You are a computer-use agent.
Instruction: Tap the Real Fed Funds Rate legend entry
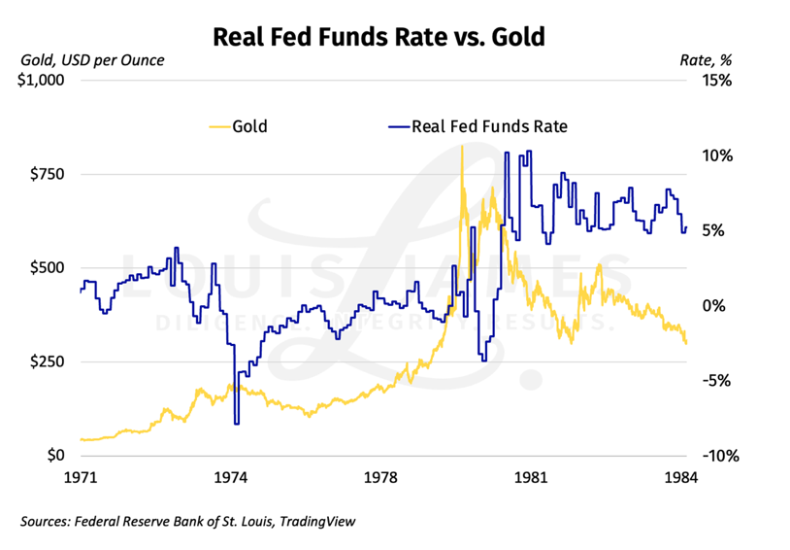(489, 125)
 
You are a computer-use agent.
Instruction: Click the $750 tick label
(47, 175)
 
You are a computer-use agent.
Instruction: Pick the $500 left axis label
(47, 268)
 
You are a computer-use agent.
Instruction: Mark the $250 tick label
(47, 361)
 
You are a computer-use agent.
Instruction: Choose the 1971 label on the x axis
(81, 477)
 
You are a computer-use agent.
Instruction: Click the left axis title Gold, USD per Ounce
(92, 60)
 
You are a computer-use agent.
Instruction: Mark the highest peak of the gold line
(461, 146)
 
